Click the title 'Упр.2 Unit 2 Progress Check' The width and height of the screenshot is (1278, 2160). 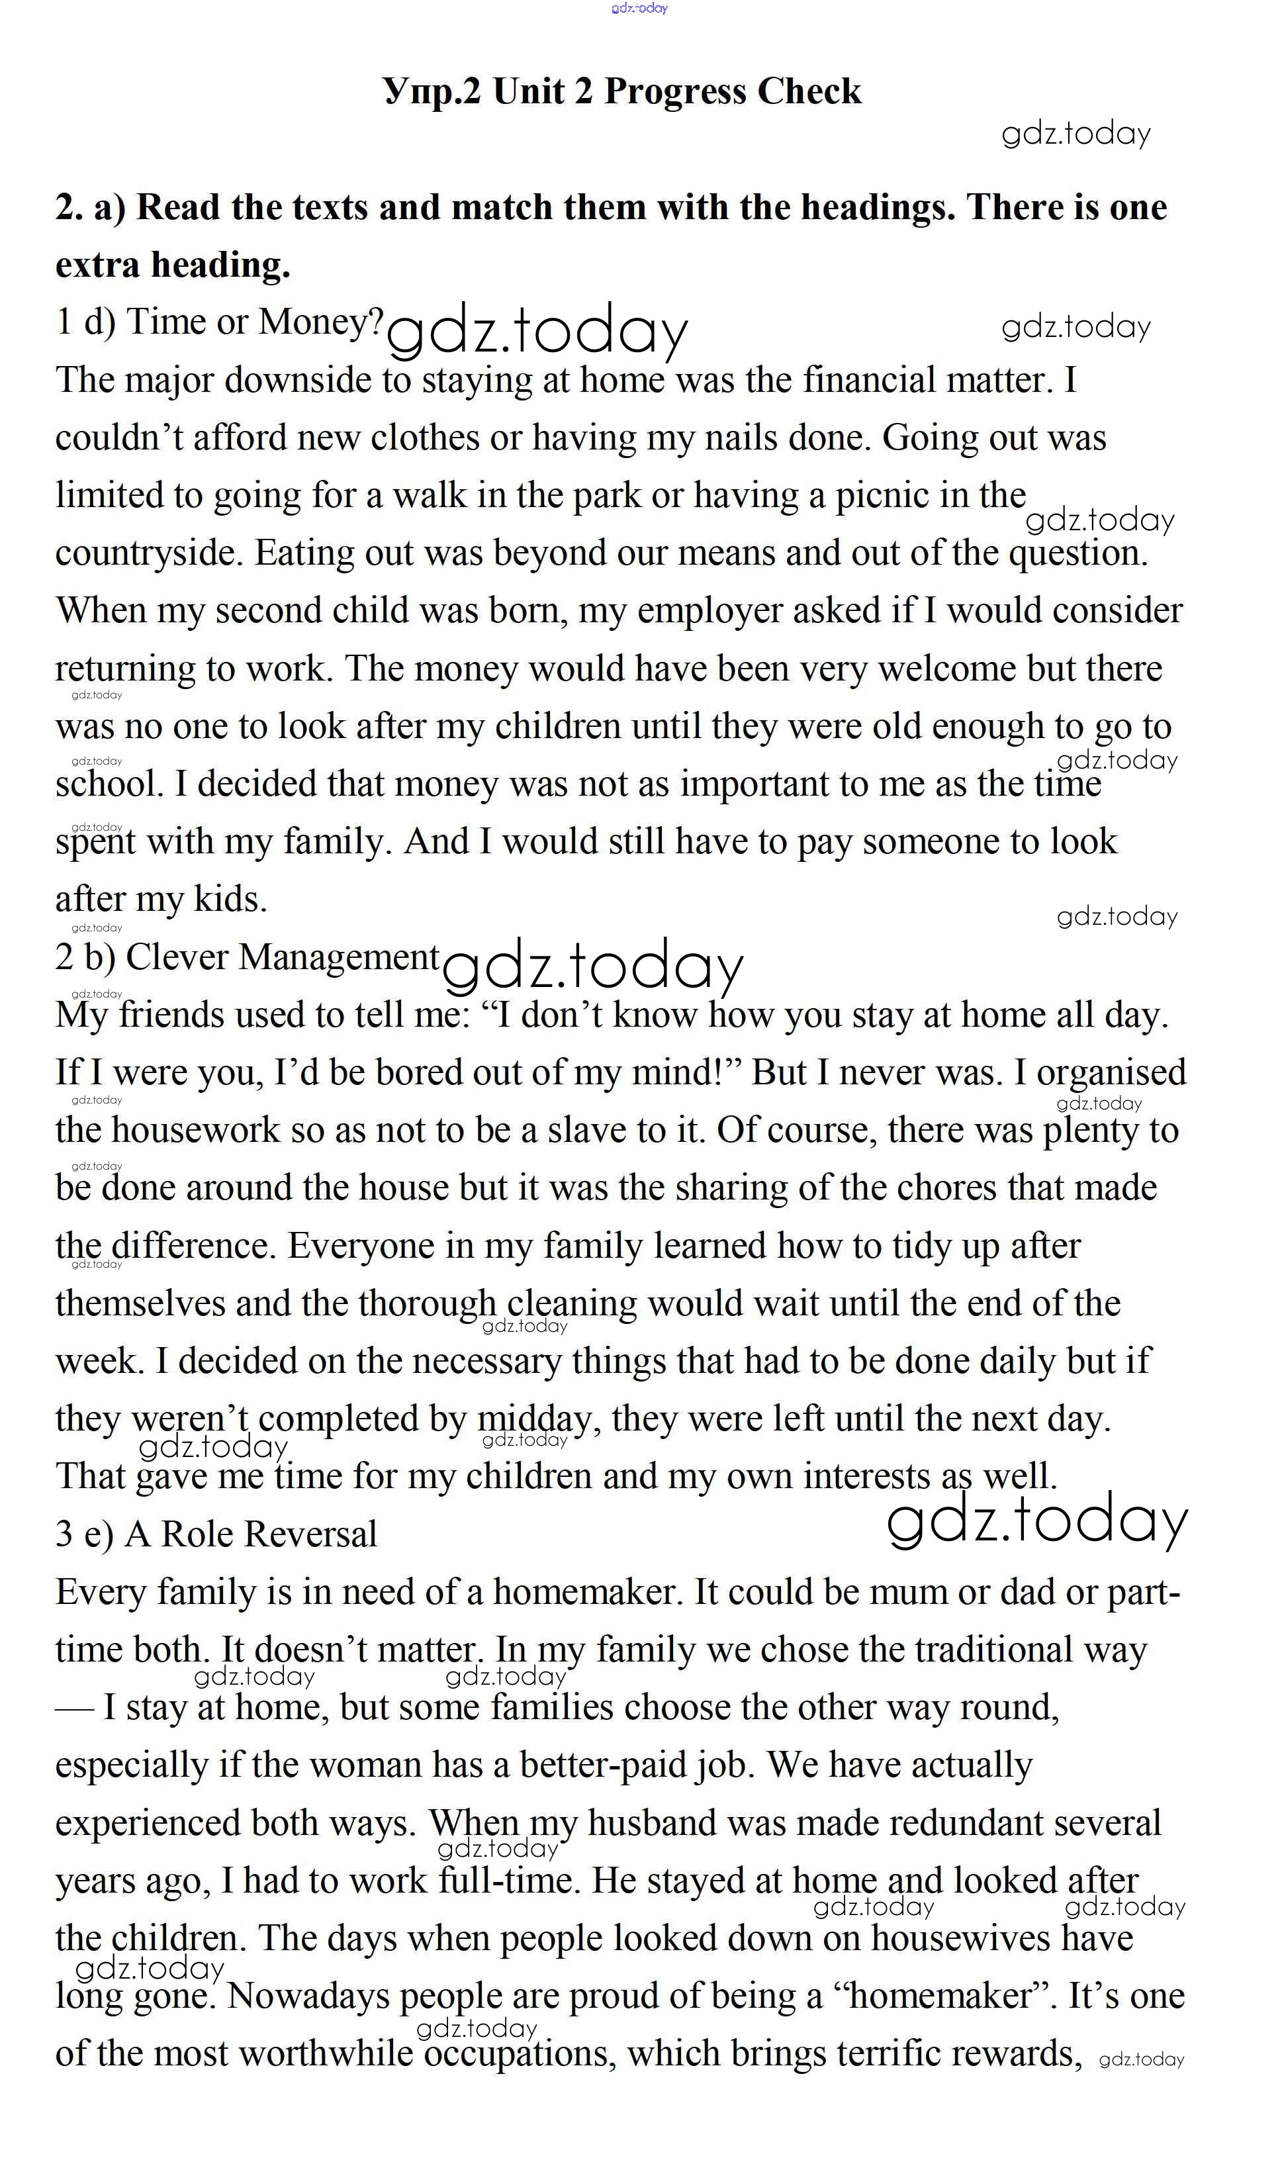(x=621, y=91)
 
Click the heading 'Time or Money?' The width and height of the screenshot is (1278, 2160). (x=255, y=322)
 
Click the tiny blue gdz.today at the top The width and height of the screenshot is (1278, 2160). (x=639, y=9)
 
